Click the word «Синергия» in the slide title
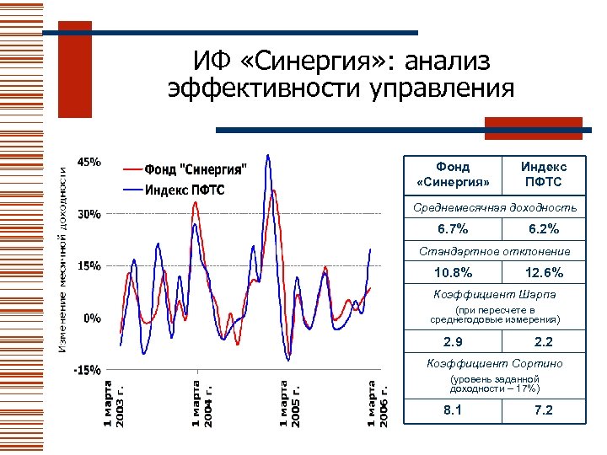(332, 61)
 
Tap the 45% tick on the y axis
(89, 161)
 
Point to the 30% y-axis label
(89, 214)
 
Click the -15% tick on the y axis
(88, 370)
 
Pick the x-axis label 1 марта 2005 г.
(289, 404)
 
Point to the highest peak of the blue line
(267, 155)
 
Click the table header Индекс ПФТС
(544, 174)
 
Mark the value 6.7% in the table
(453, 229)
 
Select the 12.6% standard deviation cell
(544, 273)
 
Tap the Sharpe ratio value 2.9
(453, 342)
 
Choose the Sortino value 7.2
(544, 410)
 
